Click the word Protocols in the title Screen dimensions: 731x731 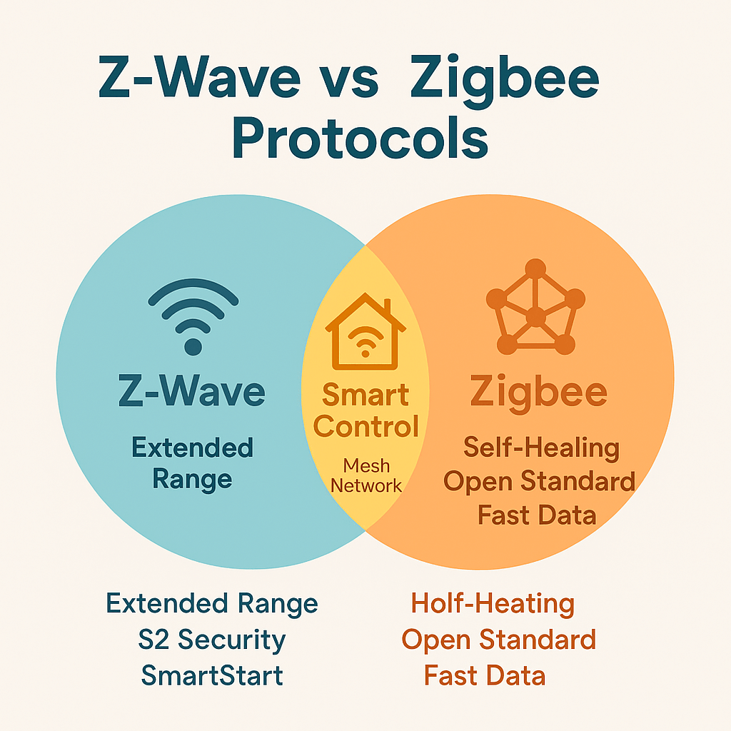point(360,138)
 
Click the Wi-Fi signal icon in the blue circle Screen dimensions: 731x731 point(193,316)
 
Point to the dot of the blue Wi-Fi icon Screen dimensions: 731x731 point(193,348)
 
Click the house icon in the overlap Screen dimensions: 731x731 point(365,331)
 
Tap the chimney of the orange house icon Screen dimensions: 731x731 point(388,307)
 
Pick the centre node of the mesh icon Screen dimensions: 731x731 point(535,317)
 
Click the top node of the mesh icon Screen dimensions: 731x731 point(535,268)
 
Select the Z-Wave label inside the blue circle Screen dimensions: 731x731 point(191,390)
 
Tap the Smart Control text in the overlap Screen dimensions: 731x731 point(366,410)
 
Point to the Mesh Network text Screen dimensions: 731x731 point(366,475)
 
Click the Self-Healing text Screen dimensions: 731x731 point(541,448)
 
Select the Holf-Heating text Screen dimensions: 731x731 point(493,604)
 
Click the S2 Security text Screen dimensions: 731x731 point(211,640)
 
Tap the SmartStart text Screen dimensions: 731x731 point(212,675)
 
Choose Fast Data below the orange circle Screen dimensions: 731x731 point(485,675)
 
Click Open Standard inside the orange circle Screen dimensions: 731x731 point(539,480)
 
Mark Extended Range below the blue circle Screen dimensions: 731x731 point(211,604)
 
